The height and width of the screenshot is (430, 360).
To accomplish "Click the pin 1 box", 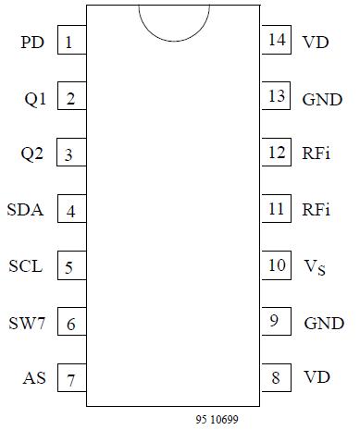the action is (70, 42).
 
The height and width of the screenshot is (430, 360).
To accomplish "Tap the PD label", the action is (31, 43).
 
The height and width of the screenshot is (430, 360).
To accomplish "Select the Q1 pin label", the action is (34, 99).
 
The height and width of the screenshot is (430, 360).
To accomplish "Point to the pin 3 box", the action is (70, 154).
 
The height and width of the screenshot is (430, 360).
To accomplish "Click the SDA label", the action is (25, 210).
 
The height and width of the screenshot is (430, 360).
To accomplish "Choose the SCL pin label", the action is (25, 266).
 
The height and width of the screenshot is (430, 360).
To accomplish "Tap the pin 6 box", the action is (70, 324).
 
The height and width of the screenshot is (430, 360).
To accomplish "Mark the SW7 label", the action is (26, 323).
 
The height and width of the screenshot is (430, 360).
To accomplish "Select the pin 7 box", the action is (70, 379).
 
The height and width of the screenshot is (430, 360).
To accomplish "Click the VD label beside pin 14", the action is (315, 42).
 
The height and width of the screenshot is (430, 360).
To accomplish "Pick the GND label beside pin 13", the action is (322, 99).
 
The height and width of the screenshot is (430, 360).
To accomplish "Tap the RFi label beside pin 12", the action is (317, 154).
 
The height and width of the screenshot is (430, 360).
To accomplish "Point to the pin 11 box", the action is (276, 209).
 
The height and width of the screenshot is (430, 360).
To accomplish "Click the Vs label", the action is (315, 267).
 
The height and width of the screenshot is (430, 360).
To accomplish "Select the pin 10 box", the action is (276, 265).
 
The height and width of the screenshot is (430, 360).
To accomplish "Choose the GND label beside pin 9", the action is (324, 324).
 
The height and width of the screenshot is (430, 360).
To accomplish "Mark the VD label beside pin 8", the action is (316, 378).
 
